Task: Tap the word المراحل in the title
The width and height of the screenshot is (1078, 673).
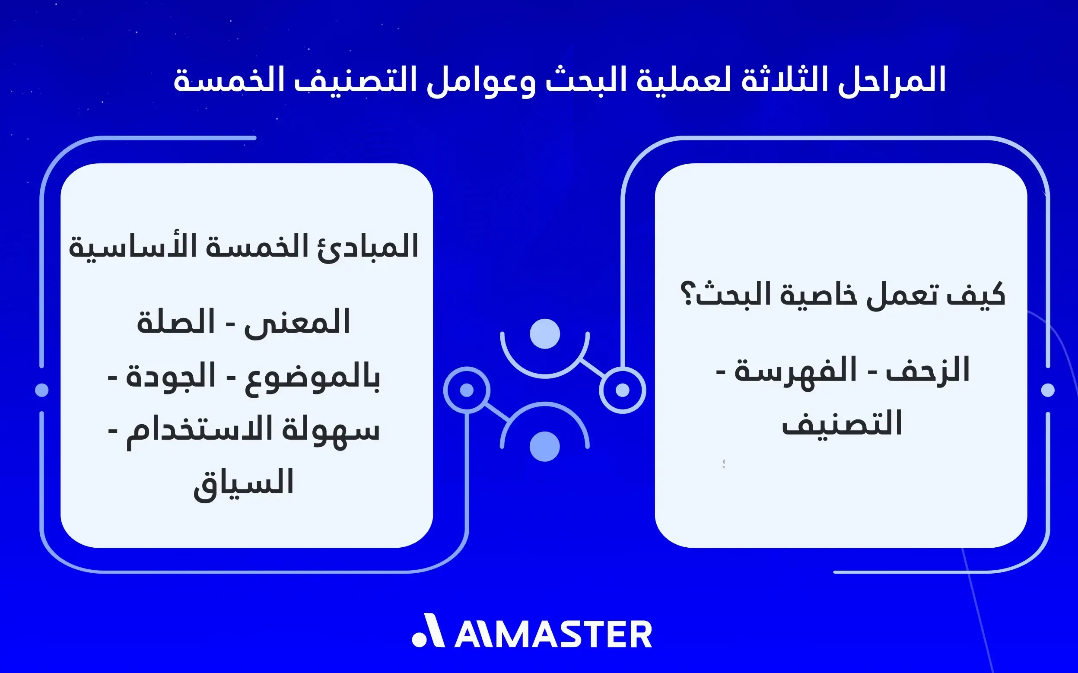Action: point(891,80)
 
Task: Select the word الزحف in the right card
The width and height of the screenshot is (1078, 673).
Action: point(928,370)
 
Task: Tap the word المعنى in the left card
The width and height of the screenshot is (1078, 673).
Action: point(297,321)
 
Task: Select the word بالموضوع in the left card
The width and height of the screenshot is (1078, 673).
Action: point(312,377)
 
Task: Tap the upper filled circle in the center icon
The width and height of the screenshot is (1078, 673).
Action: point(545,334)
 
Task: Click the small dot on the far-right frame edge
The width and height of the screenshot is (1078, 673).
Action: point(1048,390)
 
